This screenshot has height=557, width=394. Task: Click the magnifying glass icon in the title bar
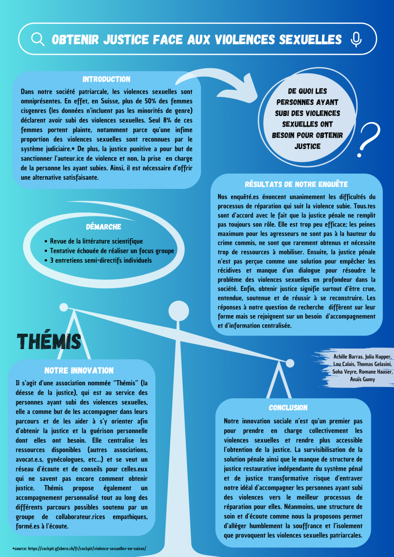(38, 39)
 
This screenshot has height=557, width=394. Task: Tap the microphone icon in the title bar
(356, 39)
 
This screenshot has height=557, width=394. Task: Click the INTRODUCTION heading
(106, 79)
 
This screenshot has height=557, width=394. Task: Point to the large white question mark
(369, 140)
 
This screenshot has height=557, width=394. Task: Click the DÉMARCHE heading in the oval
(103, 227)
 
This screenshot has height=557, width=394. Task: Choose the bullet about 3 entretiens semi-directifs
(101, 260)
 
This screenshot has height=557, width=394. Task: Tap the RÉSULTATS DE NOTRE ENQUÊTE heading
(297, 184)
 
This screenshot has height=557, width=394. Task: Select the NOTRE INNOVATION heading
(79, 370)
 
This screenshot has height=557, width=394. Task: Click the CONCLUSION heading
(288, 408)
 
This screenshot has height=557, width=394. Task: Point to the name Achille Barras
(348, 356)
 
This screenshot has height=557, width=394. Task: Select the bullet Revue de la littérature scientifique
(97, 241)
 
